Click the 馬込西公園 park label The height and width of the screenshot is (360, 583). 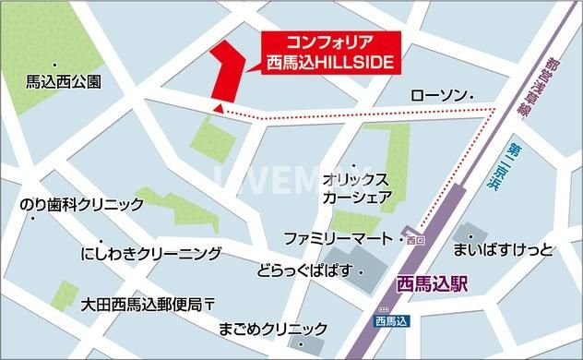[x=64, y=80]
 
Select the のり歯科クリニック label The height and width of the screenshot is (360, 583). [x=82, y=204]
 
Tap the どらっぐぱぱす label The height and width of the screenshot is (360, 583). [x=303, y=272]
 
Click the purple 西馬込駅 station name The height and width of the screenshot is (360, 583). [x=430, y=284]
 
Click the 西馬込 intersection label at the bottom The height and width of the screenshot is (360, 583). [x=390, y=322]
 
